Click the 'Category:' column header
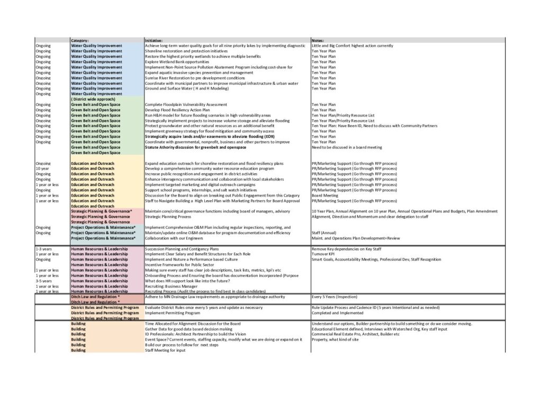80,40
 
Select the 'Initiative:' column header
154,40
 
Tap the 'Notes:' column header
318,40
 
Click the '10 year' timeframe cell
42,168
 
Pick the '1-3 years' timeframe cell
43,249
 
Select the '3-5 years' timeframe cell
43,281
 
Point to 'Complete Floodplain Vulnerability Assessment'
186,105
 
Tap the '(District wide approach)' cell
93,99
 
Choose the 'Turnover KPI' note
323,254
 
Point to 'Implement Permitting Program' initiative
173,313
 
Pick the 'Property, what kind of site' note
335,340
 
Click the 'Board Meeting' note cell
324,195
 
